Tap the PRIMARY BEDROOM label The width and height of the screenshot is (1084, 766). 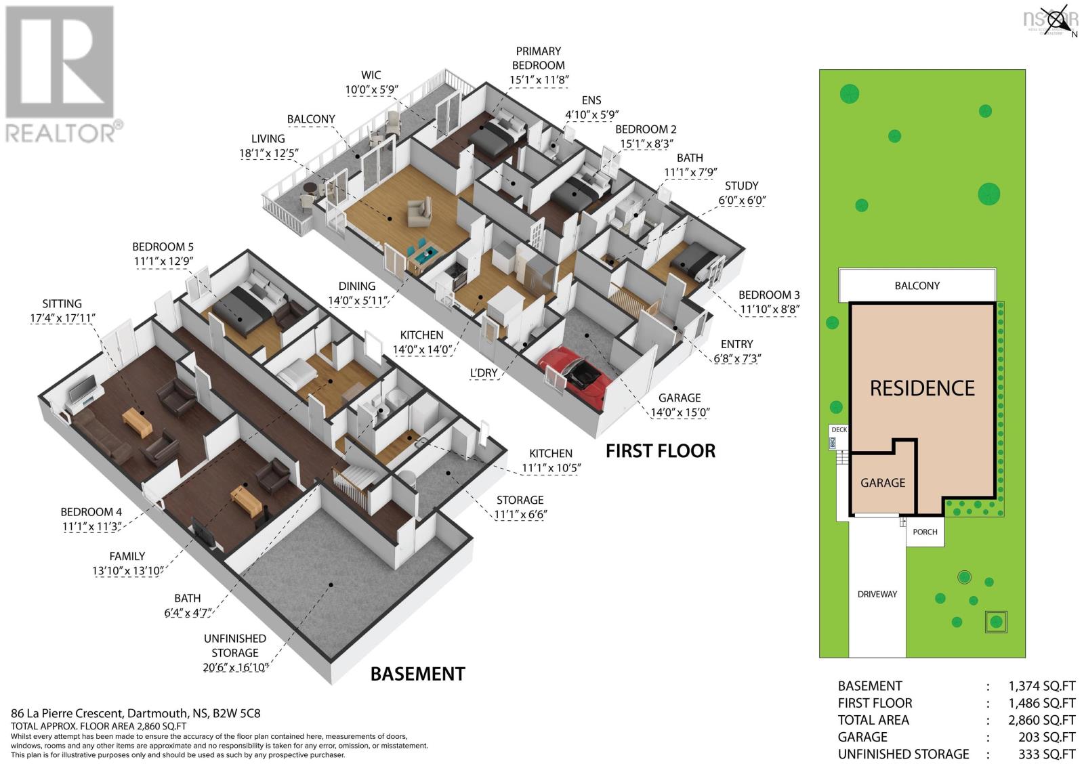pyautogui.click(x=538, y=58)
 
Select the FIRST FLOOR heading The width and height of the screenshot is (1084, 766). pyautogui.click(x=661, y=451)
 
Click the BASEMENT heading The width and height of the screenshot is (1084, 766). pyautogui.click(x=417, y=674)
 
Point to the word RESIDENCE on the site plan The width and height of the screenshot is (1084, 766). pyautogui.click(x=922, y=388)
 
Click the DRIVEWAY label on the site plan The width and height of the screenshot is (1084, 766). pyautogui.click(x=877, y=594)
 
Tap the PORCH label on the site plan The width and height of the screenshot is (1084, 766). pyautogui.click(x=925, y=532)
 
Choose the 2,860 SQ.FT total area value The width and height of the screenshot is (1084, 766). pyautogui.click(x=1041, y=720)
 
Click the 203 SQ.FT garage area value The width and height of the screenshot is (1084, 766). pyautogui.click(x=1047, y=737)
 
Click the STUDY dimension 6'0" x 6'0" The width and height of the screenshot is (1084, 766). pyautogui.click(x=742, y=200)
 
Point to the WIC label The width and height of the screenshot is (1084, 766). pyautogui.click(x=371, y=75)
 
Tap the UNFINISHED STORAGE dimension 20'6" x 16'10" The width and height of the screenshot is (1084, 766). pyautogui.click(x=234, y=667)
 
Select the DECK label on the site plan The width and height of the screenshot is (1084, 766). pyautogui.click(x=839, y=429)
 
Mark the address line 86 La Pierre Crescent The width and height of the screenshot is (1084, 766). pyautogui.click(x=68, y=712)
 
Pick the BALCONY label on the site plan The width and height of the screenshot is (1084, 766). pyautogui.click(x=917, y=286)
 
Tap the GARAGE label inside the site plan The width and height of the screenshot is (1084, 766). pyautogui.click(x=883, y=483)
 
